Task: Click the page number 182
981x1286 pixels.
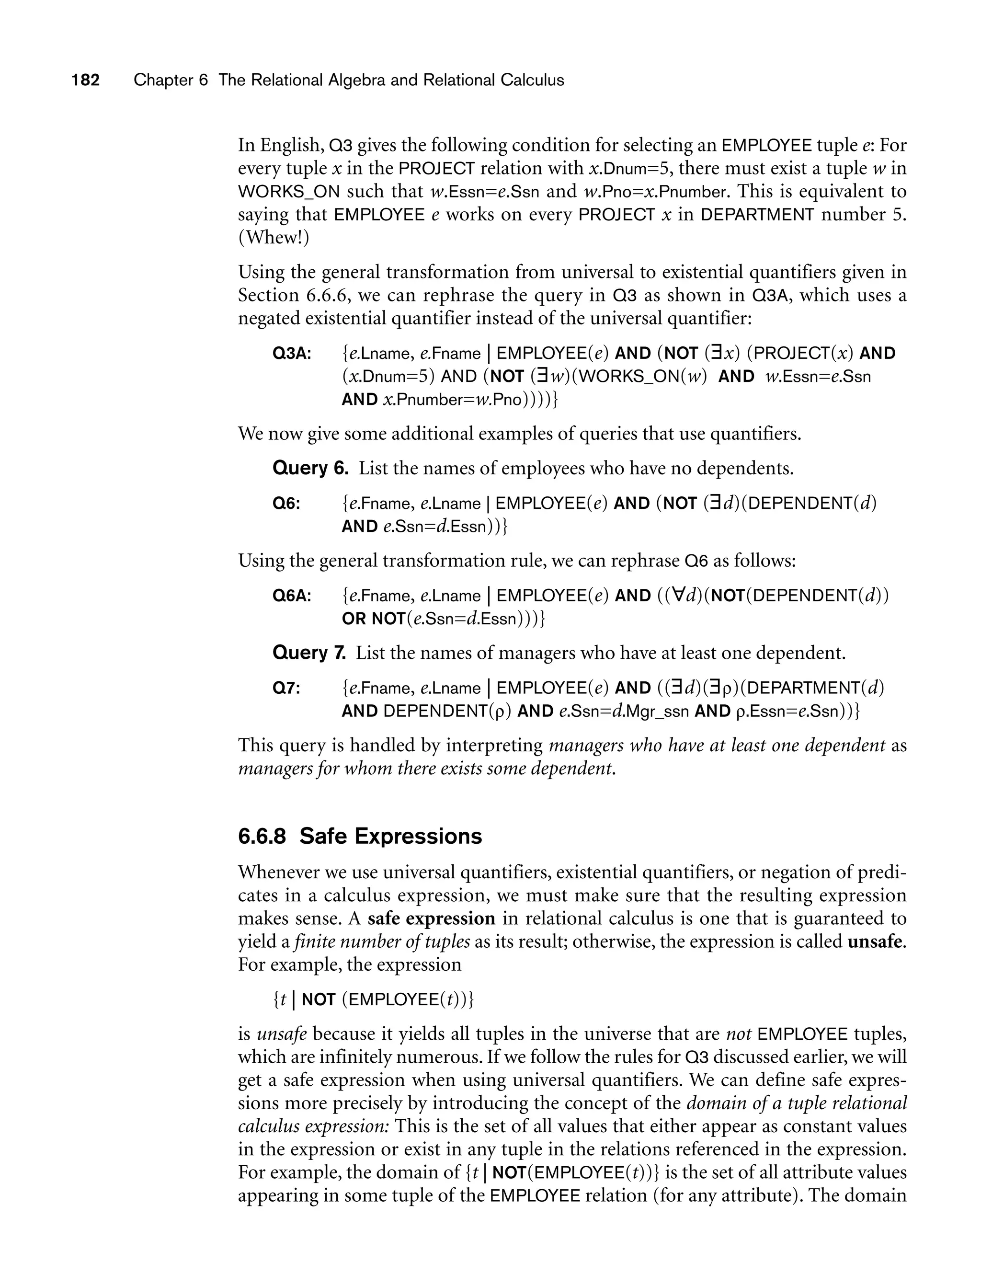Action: [x=86, y=80]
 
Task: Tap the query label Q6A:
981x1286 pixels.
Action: [x=292, y=596]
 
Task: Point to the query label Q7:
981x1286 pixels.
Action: [x=287, y=688]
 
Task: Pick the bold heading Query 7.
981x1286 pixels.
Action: [x=309, y=653]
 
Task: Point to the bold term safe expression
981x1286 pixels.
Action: [x=432, y=919]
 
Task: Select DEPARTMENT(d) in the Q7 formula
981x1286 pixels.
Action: [x=815, y=688]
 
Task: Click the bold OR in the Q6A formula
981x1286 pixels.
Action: [x=354, y=619]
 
